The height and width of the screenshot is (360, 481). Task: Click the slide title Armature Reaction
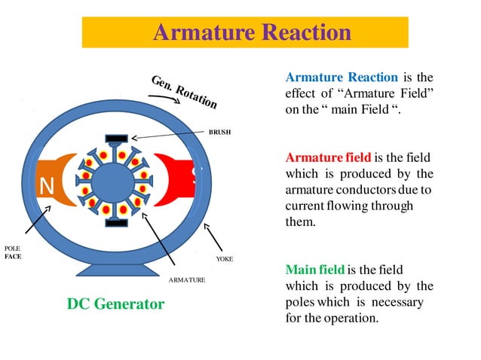point(252,33)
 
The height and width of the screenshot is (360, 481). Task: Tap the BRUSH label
point(219,131)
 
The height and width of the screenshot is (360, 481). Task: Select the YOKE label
point(224,258)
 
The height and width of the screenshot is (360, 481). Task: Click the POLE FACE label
point(13,252)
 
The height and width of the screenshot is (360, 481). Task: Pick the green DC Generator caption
point(115,304)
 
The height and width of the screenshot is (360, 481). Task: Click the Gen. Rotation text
point(184,91)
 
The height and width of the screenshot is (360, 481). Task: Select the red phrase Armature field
point(328,157)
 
